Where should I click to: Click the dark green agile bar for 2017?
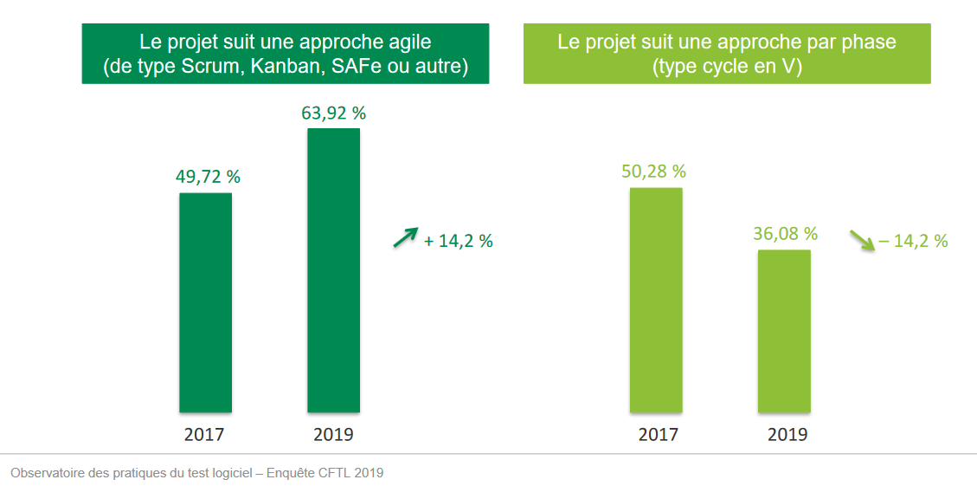click(x=205, y=302)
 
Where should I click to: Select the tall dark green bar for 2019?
click(x=333, y=270)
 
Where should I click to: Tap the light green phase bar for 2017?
click(x=656, y=300)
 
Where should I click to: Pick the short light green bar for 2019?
click(x=784, y=331)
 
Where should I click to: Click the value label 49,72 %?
click(x=208, y=177)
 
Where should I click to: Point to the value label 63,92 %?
click(x=333, y=113)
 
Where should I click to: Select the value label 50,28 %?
click(x=653, y=171)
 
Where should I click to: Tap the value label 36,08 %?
click(x=785, y=234)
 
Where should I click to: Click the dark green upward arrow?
click(x=405, y=237)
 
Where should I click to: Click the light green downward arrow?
click(x=861, y=239)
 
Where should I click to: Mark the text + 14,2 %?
click(x=458, y=242)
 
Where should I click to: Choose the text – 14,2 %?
click(x=913, y=242)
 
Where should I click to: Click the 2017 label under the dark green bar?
click(x=204, y=434)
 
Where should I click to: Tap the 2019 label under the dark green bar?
click(x=333, y=434)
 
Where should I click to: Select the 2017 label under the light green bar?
click(x=658, y=434)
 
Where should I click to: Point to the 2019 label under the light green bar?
click(x=787, y=434)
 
